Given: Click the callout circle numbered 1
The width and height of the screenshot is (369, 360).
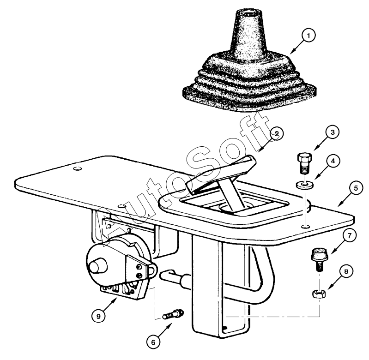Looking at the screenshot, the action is [309, 36].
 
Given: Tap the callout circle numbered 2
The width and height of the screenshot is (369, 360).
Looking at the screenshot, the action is [277, 134].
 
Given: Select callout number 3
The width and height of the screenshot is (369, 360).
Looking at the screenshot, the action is [333, 132].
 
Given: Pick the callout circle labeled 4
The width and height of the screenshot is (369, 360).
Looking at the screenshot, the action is [333, 161].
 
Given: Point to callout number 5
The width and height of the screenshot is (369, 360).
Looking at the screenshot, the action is [356, 188].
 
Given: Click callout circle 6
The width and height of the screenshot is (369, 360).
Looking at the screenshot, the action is [153, 342].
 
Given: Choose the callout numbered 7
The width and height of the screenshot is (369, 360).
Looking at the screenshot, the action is [349, 235].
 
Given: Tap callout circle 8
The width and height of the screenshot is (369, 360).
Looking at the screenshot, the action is [346, 271].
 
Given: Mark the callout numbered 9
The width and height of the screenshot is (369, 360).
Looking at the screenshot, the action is [98, 316].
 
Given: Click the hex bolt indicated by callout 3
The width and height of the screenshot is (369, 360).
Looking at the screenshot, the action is [304, 162].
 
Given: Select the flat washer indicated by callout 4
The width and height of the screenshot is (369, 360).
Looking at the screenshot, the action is [305, 184].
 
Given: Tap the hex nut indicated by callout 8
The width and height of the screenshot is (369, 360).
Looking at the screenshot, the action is [319, 294].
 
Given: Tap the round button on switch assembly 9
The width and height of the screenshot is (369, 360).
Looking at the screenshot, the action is [97, 265].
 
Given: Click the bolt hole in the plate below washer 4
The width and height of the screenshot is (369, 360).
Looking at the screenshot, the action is [305, 227].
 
